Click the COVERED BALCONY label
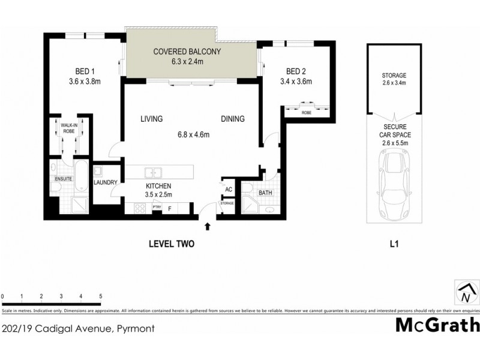coord(187,52)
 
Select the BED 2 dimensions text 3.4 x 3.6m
coord(297,82)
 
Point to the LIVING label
coord(152,119)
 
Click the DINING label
coord(232,119)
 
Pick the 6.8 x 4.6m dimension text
coord(192,135)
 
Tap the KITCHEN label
coord(158,186)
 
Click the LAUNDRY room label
coord(105,182)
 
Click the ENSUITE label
coord(64,179)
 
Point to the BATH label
coord(265,193)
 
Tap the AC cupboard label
coord(229,189)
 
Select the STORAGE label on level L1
coord(394,76)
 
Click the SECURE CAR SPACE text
coord(394,136)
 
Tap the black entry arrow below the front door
coord(208,226)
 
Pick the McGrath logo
coord(437,325)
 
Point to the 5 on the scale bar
coord(100,296)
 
